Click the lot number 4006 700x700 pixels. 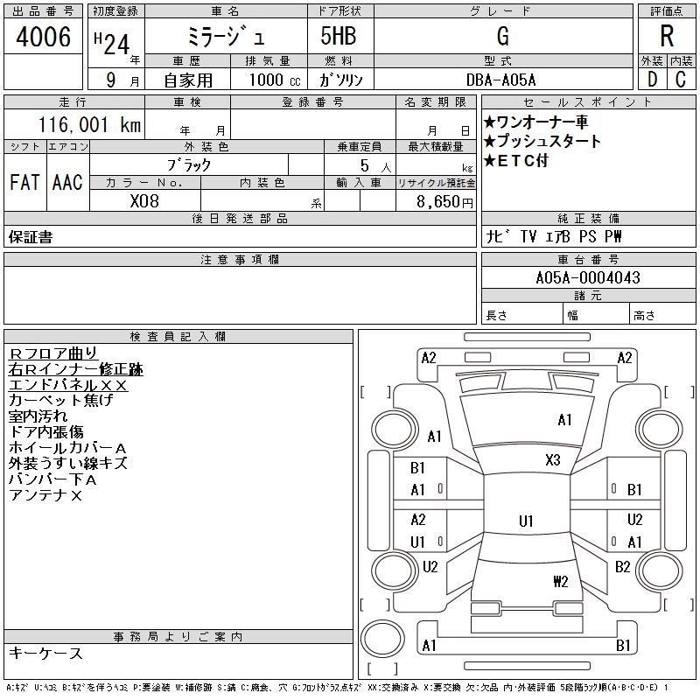(x=43, y=36)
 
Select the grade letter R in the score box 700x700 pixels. (x=667, y=36)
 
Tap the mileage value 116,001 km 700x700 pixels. (x=89, y=124)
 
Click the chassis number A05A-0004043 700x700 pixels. (x=588, y=277)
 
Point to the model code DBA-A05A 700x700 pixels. (x=500, y=80)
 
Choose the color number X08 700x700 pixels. (x=144, y=201)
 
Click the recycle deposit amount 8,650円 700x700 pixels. (x=444, y=202)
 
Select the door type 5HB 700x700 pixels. (x=339, y=36)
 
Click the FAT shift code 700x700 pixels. (x=25, y=182)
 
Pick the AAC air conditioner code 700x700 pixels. (x=68, y=182)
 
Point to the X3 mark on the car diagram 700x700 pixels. (x=553, y=460)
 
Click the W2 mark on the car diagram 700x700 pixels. (x=561, y=581)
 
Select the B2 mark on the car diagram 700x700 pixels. (x=623, y=567)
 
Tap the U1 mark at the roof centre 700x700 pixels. (x=526, y=521)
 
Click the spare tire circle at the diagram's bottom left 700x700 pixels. (x=382, y=639)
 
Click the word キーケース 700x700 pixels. (x=45, y=653)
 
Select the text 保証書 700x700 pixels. (x=31, y=237)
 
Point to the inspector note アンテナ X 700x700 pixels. (x=45, y=495)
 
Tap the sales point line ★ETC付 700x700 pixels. (x=515, y=160)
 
